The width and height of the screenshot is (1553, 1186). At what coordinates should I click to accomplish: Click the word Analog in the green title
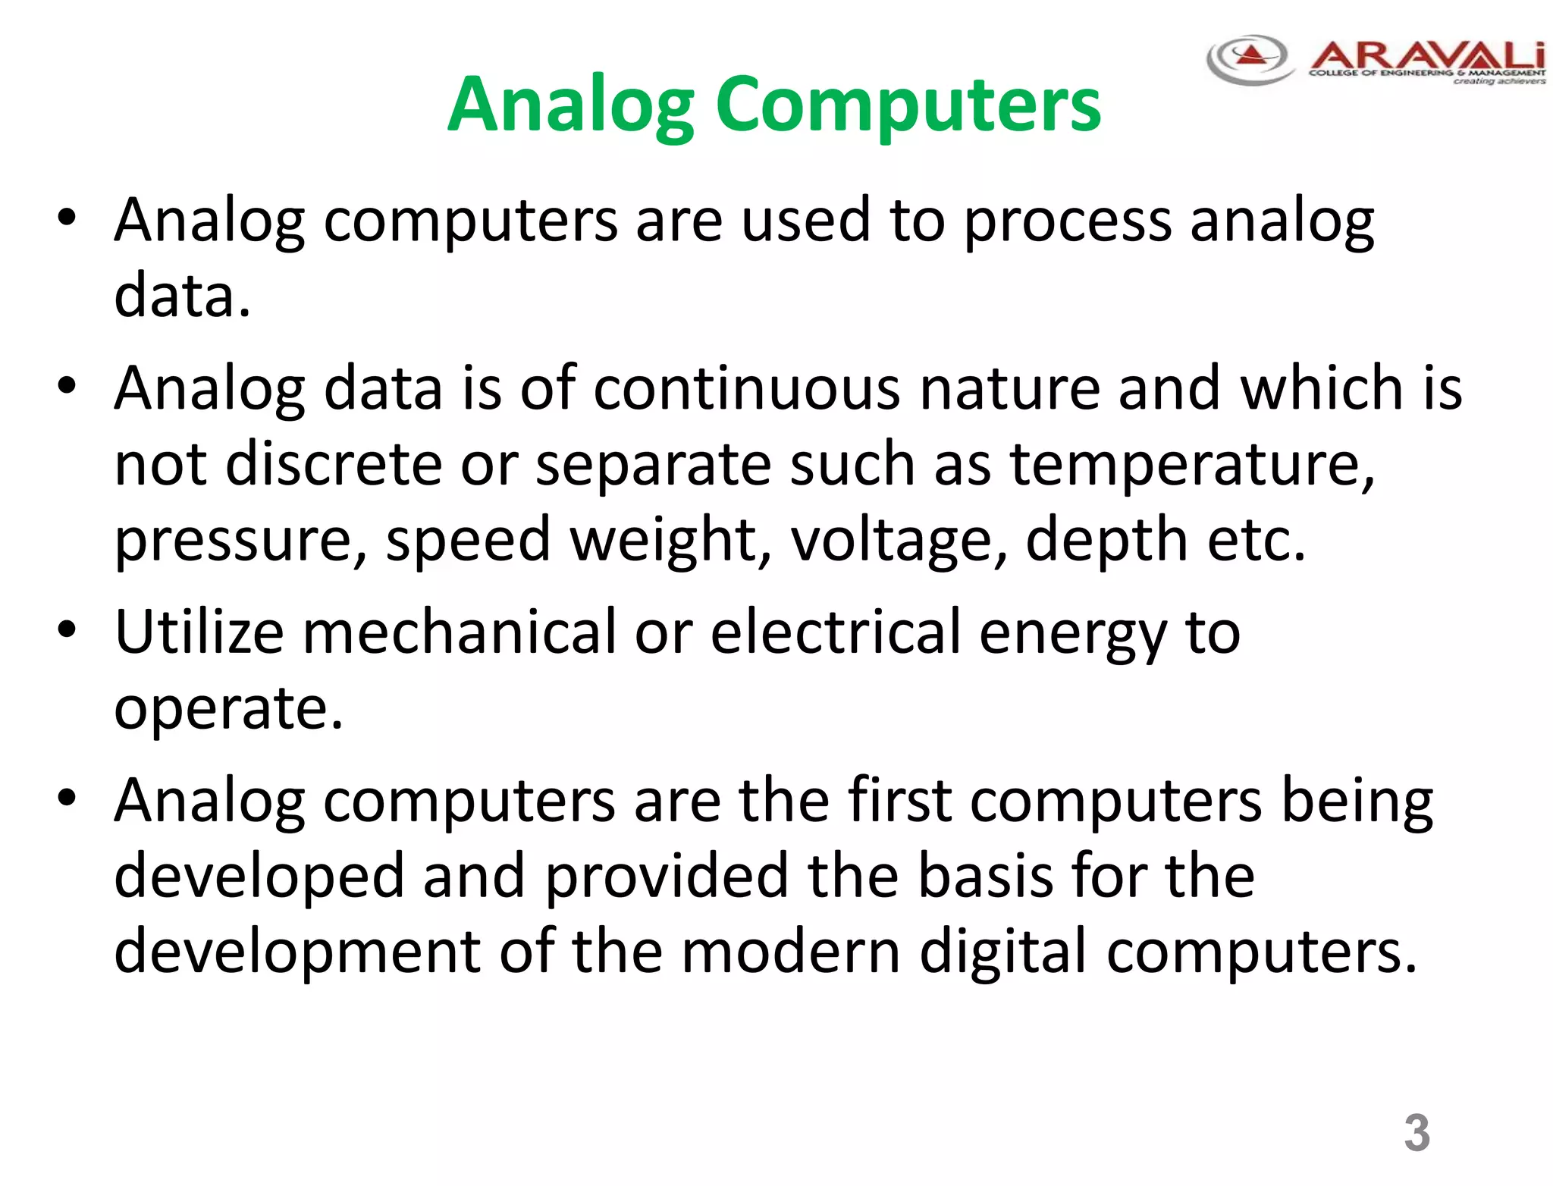pos(570,106)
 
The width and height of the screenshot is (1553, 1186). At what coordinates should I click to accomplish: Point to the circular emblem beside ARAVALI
pos(1249,58)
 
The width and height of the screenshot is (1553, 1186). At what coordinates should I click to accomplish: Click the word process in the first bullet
pos(1067,221)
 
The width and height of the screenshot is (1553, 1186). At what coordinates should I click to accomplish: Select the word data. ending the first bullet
pos(182,296)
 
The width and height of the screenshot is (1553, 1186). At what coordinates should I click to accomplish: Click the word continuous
pos(746,388)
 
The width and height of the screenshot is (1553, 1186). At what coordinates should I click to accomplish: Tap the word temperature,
pos(1192,464)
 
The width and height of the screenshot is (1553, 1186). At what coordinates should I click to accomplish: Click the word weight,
pos(670,540)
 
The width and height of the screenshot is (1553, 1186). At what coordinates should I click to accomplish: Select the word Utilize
pos(199,632)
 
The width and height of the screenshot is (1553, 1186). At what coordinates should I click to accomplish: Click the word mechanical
pos(460,632)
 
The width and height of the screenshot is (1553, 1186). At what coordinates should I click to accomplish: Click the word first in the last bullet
pos(899,801)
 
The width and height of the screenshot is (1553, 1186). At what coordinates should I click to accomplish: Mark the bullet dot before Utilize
pos(67,629)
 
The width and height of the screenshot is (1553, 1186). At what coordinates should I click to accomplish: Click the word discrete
pos(334,464)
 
